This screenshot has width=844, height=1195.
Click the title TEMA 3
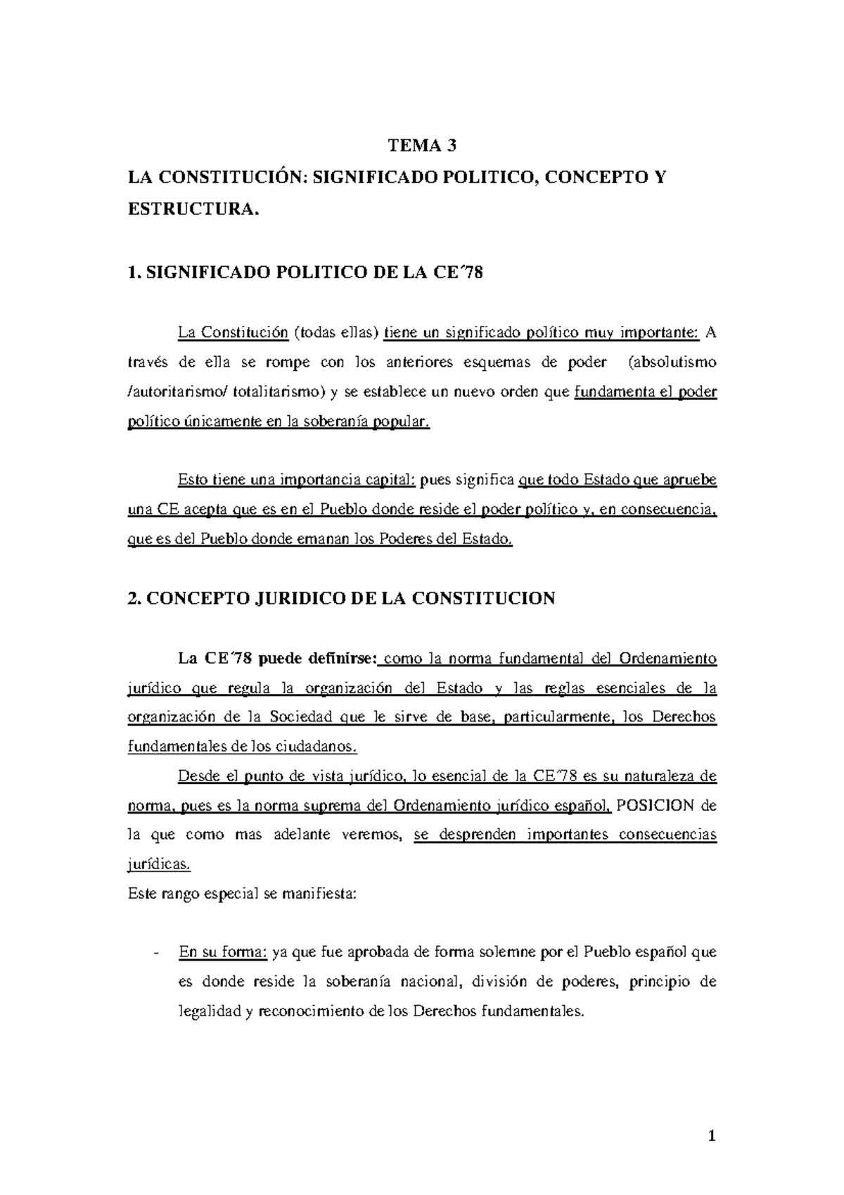click(422, 146)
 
